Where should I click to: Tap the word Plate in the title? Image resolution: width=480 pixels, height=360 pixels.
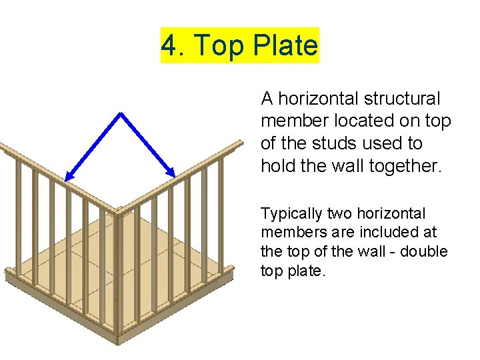click(287, 46)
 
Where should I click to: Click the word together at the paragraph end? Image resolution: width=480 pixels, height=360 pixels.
click(407, 165)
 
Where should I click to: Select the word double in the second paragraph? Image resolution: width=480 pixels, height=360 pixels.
click(426, 252)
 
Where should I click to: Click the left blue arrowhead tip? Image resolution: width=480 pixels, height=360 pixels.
click(65, 180)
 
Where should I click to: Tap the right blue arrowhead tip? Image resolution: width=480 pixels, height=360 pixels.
click(175, 177)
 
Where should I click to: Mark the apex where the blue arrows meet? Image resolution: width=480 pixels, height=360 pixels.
click(121, 113)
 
